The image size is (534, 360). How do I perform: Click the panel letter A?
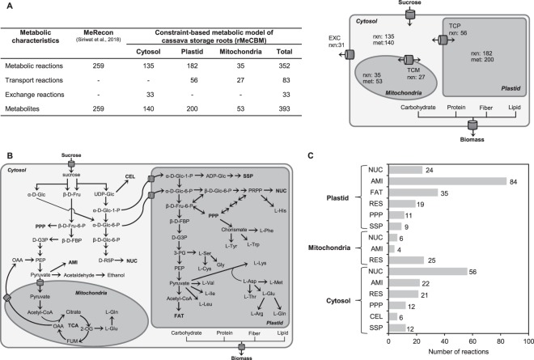6,6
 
